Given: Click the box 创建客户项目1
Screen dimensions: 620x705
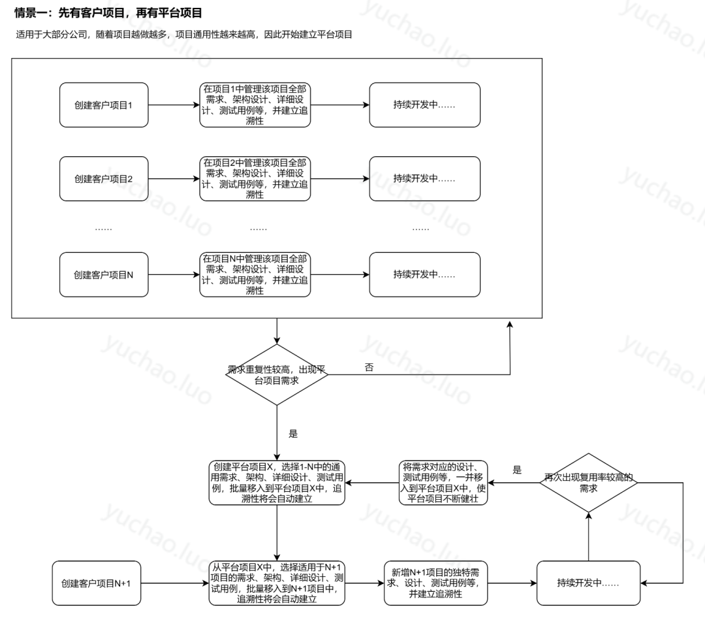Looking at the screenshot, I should pos(105,105).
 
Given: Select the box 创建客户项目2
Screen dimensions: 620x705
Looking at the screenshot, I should pos(105,178).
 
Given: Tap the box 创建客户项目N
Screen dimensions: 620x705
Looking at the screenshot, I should pos(105,274).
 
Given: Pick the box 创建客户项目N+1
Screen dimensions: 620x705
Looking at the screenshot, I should pos(96,583).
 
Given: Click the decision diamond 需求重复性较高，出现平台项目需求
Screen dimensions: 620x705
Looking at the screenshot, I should pos(277,374).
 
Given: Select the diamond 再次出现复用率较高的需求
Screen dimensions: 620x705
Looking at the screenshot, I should pos(588,482).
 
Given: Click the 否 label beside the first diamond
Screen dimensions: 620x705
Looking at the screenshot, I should pos(369,367).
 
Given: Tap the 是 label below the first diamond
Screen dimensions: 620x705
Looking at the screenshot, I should pos(292,433).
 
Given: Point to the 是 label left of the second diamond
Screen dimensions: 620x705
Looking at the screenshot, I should pos(517,470).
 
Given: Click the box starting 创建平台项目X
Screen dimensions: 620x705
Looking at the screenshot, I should pos(277,483).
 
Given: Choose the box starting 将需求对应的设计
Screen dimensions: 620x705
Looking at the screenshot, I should pos(444,483).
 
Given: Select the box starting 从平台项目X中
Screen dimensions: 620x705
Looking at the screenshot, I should pos(277,582).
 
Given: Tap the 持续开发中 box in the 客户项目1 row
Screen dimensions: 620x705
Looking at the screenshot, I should pos(424,105).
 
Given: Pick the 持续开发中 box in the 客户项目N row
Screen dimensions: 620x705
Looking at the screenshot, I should pos(424,274).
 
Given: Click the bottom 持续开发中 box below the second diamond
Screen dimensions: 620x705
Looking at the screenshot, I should pos(588,582).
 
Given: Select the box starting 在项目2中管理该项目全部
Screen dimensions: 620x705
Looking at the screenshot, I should pos(255,178).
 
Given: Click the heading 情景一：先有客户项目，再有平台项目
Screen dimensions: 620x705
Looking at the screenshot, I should pos(108,12).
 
